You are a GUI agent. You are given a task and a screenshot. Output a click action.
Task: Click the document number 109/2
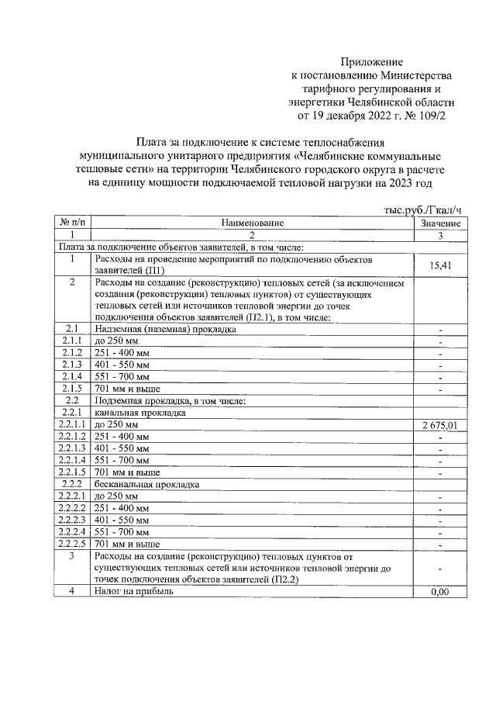point(431,116)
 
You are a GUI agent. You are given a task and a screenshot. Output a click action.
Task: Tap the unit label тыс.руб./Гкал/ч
point(422,209)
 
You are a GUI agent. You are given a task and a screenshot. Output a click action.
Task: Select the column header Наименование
point(252,223)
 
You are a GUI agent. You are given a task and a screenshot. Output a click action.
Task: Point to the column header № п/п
point(71,223)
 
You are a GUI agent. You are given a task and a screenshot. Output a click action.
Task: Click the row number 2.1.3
point(71,364)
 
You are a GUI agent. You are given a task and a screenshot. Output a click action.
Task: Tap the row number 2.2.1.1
point(71,426)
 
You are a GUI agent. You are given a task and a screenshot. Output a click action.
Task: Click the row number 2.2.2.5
point(71,544)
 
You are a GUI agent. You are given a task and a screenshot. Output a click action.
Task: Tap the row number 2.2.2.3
point(71,520)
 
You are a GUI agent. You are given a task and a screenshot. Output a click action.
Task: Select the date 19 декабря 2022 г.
point(350,116)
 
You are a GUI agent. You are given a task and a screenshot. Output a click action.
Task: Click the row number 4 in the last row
point(71,591)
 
